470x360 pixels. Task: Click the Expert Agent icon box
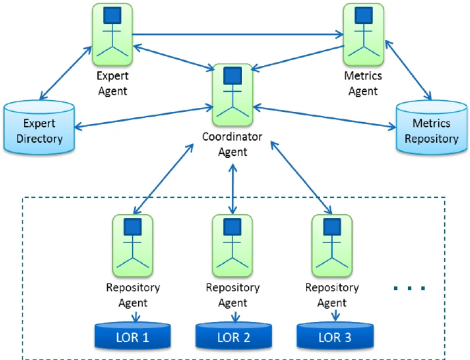[x=112, y=34]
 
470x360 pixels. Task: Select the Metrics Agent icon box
[x=363, y=34]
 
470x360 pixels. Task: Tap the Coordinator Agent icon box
[x=233, y=95]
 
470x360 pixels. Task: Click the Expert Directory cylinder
[x=39, y=127]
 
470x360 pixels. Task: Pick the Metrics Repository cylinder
[x=431, y=127]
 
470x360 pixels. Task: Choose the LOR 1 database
[x=133, y=336]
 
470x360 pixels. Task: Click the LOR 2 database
[x=234, y=336]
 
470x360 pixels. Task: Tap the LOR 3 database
[x=335, y=336]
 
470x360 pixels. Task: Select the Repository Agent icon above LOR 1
[x=133, y=246]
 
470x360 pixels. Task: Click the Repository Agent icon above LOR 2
[x=232, y=246]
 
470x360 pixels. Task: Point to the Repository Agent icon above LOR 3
[x=332, y=246]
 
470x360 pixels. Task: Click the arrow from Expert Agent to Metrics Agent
[x=238, y=34]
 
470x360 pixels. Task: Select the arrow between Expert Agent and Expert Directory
[x=66, y=73]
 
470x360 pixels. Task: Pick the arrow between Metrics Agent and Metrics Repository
[x=408, y=70]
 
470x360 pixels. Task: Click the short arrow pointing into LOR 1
[x=136, y=317]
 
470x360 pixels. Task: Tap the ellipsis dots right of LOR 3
[x=409, y=288]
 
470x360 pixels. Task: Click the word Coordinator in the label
[x=232, y=137]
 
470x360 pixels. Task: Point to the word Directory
[x=40, y=139]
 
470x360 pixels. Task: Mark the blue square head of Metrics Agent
[x=364, y=15]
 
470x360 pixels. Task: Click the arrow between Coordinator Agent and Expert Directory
[x=144, y=117]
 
